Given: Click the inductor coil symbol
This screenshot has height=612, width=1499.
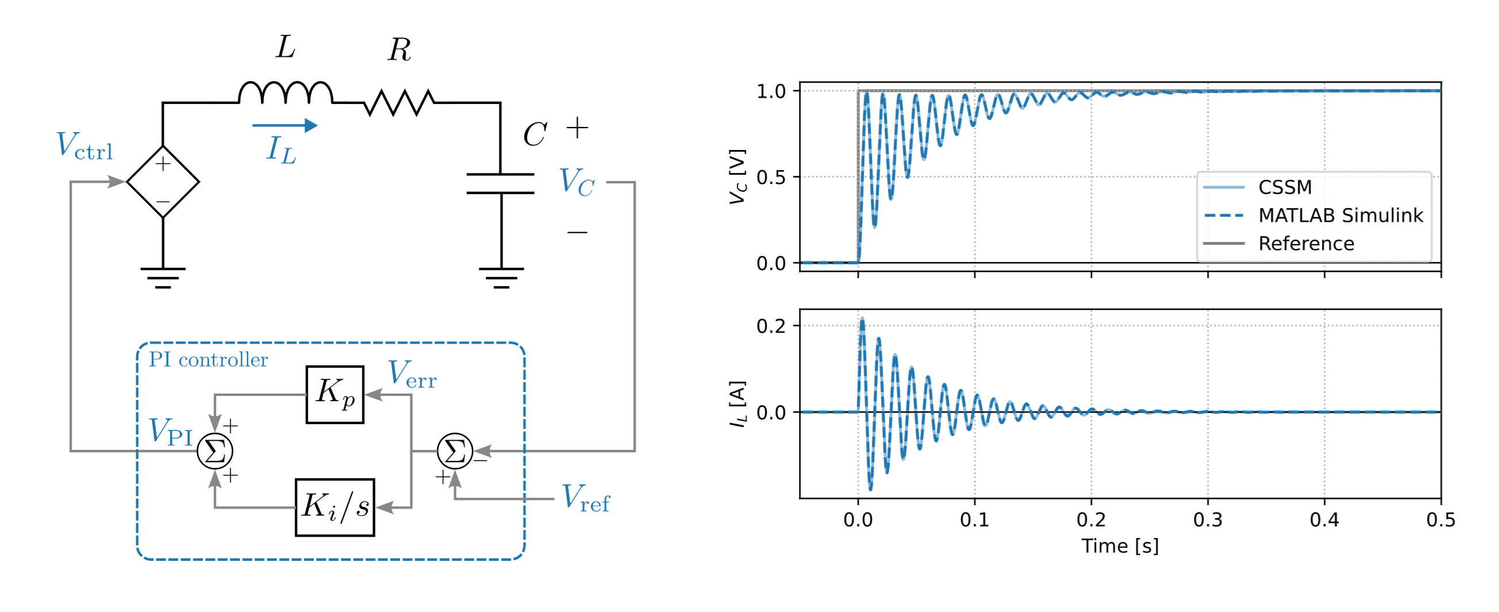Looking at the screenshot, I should (285, 93).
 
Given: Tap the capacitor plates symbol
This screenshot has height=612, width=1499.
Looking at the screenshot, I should (501, 183).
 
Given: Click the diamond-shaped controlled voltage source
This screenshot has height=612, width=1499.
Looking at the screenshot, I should (163, 182).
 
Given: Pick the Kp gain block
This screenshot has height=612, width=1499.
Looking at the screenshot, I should (335, 394).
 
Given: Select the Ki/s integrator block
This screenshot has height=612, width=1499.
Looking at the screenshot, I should (335, 507).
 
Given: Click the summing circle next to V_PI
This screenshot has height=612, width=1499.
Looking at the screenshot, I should (215, 451).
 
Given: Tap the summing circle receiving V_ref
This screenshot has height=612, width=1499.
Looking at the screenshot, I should (455, 451).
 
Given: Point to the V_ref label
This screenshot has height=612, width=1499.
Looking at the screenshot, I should (585, 499).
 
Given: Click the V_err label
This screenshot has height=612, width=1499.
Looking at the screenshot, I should (412, 375).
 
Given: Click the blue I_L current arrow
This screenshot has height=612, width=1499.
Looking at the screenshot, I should (285, 125).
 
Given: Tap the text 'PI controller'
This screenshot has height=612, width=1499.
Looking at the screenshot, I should (207, 360).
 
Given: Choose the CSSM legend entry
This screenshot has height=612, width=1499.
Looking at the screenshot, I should (1284, 187).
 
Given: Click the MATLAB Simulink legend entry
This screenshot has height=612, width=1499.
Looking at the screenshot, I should (1340, 215).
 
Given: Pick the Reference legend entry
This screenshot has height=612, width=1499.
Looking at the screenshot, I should (1306, 243).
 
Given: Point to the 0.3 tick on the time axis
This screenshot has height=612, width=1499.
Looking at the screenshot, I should (1208, 519).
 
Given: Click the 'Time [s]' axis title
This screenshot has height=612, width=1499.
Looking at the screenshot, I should (1120, 546).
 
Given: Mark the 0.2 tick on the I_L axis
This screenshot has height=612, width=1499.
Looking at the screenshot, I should (771, 326).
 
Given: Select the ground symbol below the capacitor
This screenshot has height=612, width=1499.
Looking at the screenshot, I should (501, 278).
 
